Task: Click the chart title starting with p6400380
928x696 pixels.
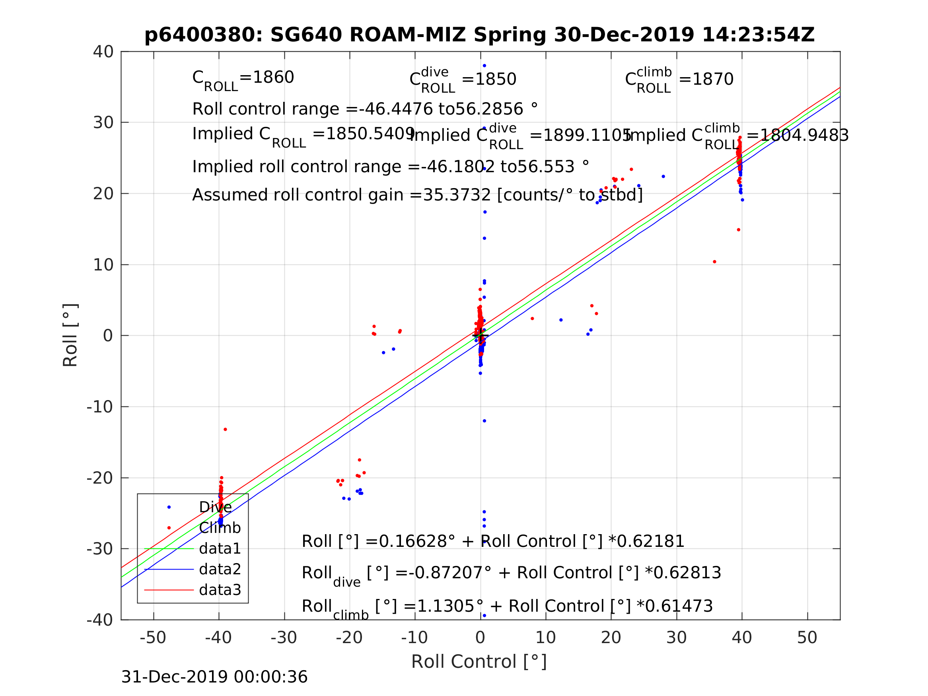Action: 480,35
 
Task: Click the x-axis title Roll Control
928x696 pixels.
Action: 479,662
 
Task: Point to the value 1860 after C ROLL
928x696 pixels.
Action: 273,78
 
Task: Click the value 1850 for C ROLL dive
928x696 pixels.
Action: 495,79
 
